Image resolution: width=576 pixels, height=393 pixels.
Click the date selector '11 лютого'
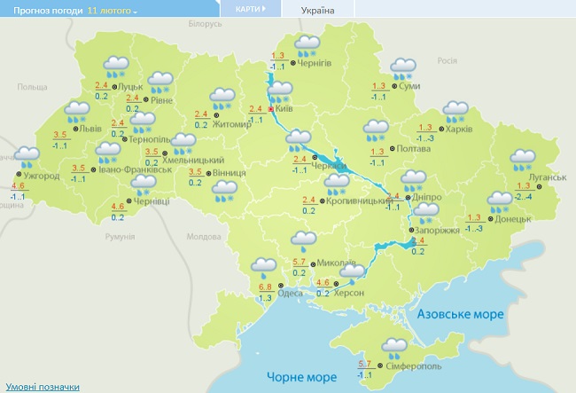tap(113, 11)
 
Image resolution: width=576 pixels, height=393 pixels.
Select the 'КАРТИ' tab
tap(249, 10)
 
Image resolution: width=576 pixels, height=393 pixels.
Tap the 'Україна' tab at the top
tap(318, 11)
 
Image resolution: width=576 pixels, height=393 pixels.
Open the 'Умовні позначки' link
tap(43, 386)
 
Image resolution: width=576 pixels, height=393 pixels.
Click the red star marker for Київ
tap(271, 108)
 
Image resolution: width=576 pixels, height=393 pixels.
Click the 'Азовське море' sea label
tap(461, 314)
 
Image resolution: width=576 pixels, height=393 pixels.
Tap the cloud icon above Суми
tap(404, 68)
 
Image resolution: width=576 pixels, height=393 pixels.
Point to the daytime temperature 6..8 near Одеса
tap(264, 287)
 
